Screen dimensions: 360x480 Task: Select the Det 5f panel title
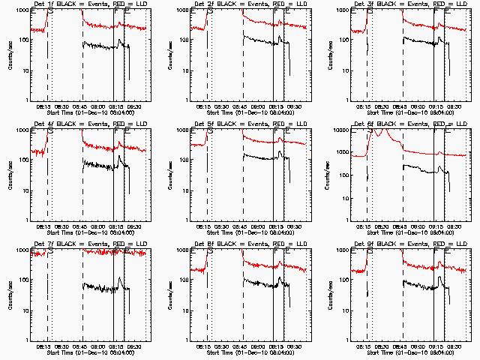244,124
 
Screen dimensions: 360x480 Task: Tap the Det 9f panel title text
404,244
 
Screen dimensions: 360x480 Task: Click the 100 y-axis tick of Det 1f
23,40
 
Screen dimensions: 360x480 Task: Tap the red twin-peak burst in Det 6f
382,133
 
